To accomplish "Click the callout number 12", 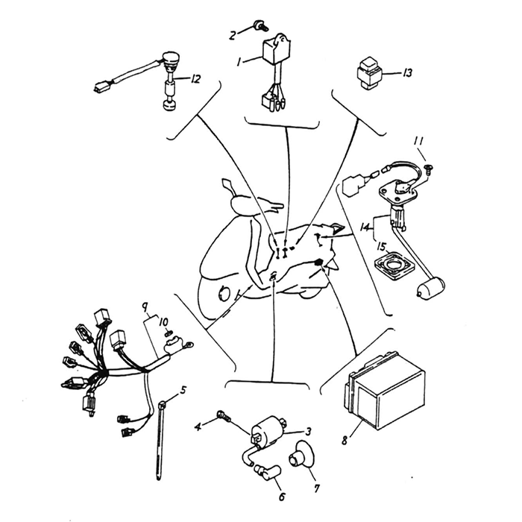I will coord(195,78).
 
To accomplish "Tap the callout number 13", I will coord(408,73).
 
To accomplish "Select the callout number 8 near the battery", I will coord(345,440).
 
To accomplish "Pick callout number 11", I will coord(418,141).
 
